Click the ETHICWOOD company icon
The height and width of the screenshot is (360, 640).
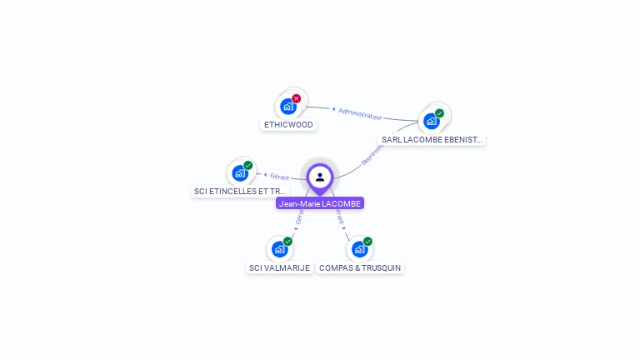[287, 107]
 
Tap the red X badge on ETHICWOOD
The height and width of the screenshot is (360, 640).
[297, 98]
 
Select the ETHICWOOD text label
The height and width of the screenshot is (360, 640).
[288, 125]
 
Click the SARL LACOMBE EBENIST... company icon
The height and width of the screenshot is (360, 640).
[431, 121]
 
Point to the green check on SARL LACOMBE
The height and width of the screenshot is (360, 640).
[439, 113]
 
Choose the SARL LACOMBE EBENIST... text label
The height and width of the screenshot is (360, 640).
[432, 140]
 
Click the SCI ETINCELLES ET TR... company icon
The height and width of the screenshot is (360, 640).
[240, 172]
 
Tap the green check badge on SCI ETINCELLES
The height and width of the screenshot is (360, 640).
[248, 165]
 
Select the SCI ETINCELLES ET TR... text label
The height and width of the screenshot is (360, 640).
[240, 192]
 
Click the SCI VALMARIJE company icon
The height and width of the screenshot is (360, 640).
[279, 248]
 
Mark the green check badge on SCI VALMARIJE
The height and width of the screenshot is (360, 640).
[287, 241]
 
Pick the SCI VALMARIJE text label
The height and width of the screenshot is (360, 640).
[279, 268]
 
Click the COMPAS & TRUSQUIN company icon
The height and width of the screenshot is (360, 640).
[359, 248]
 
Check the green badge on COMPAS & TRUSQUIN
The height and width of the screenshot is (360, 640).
[367, 241]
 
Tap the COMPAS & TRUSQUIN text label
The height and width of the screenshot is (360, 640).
[360, 268]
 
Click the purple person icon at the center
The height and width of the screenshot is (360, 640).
[320, 177]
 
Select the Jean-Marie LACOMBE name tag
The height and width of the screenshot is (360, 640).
[320, 203]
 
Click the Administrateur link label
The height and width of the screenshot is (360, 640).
[360, 112]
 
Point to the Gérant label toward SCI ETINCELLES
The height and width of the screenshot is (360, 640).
[279, 177]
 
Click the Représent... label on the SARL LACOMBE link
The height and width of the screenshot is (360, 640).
[372, 153]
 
